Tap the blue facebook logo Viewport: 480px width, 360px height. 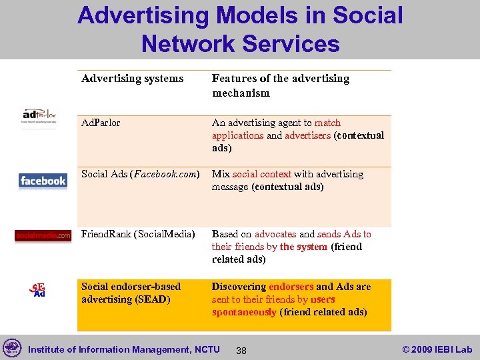coord(43,181)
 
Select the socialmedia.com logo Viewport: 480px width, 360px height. coord(43,235)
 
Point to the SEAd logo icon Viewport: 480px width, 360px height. coord(38,290)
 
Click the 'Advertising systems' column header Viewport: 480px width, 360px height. coord(132,79)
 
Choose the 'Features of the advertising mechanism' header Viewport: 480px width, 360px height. coord(281,85)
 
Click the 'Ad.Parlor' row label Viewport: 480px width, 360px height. coord(101,123)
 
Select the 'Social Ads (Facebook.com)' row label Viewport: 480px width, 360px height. coord(140,174)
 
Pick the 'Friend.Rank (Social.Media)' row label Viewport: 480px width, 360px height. coord(138,234)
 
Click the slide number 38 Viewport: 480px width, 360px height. coord(241,350)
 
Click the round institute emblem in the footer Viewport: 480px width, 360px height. coord(12,348)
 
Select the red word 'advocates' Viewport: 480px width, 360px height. coord(275,234)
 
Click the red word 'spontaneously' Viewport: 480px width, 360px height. coord(244,312)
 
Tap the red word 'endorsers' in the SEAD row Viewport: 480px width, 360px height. coord(291,287)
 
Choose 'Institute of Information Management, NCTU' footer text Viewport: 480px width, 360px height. coord(124,349)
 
